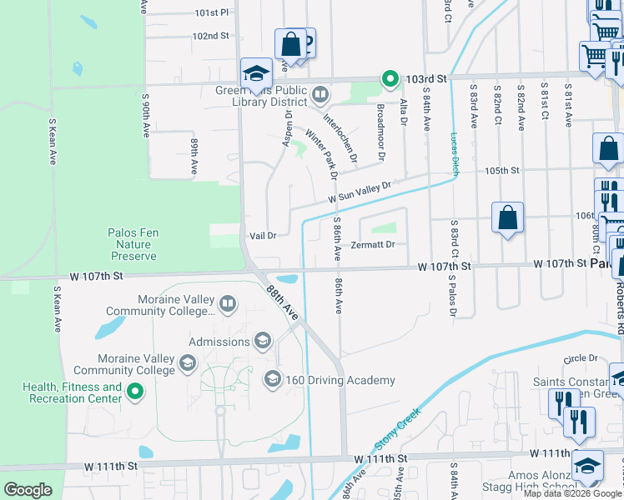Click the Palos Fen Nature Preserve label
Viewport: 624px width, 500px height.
point(129,245)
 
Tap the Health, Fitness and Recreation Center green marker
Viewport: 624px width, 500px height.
point(134,390)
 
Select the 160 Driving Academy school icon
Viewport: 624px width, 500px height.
point(272,380)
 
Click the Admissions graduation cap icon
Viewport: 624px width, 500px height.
point(263,340)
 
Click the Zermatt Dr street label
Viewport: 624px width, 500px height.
point(372,244)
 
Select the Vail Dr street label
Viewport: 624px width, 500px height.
point(263,236)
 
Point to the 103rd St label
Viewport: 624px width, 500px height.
point(427,77)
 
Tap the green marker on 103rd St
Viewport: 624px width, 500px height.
point(390,79)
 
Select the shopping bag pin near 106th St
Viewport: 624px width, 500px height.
point(507,219)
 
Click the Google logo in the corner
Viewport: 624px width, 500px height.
point(28,489)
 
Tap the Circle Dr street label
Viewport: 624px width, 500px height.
point(581,358)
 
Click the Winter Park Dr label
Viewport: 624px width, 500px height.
point(321,154)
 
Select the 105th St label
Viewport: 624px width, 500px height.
point(502,170)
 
